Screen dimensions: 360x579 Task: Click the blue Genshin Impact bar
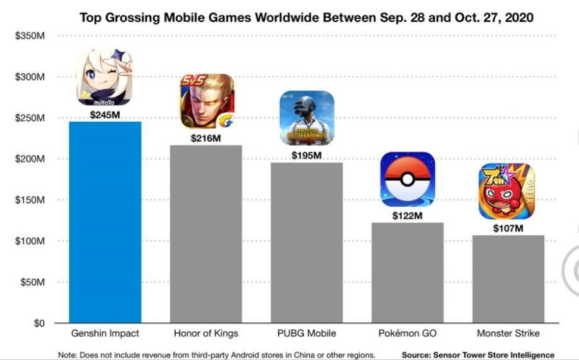tap(105, 222)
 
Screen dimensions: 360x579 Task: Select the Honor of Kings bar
tap(206, 234)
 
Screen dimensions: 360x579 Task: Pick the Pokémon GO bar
tap(408, 272)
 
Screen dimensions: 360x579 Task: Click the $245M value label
tap(105, 115)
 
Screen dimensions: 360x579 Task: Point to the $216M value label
tap(206, 138)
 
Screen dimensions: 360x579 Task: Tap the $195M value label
tap(307, 155)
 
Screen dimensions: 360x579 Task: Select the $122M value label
tap(408, 216)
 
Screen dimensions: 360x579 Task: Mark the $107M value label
tap(508, 228)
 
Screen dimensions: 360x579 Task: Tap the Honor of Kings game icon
tap(207, 101)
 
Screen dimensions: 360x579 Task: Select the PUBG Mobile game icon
tap(307, 119)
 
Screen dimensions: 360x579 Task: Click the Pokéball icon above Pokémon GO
tap(408, 179)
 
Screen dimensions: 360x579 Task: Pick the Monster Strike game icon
tap(507, 191)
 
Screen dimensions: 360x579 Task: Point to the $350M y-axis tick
tap(30, 36)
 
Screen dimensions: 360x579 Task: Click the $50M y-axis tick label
tap(32, 282)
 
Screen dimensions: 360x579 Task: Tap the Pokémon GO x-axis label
tap(408, 333)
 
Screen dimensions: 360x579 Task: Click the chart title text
tap(306, 18)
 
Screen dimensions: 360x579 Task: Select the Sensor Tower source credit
tap(478, 355)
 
